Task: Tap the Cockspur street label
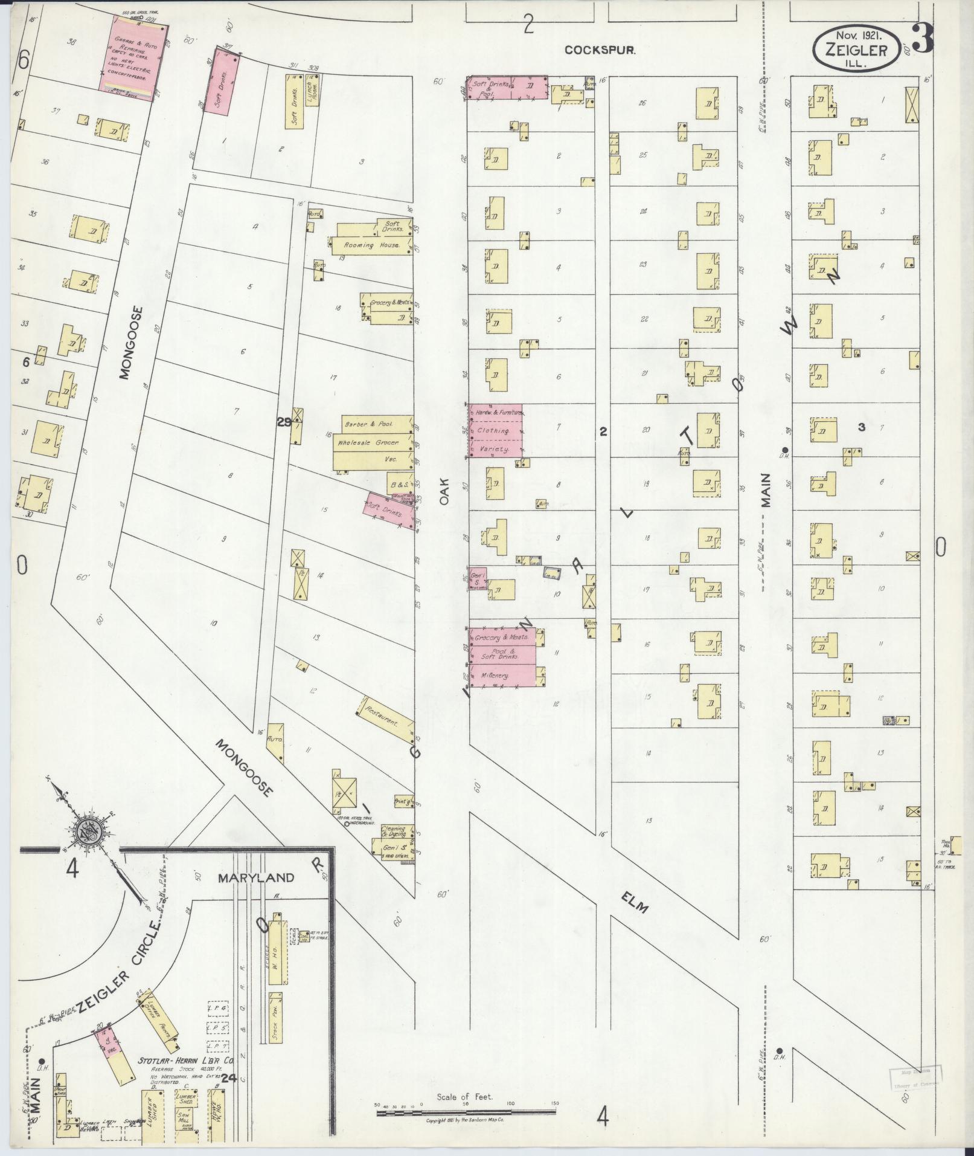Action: (600, 51)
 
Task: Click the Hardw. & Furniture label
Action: (498, 412)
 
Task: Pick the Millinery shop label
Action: (493, 676)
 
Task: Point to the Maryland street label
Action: (256, 877)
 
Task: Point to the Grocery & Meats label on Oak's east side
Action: (501, 637)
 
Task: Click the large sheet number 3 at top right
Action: (923, 37)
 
